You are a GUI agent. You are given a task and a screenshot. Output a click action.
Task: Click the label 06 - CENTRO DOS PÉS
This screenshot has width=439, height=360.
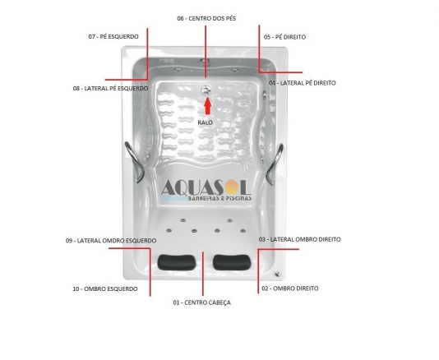(206, 18)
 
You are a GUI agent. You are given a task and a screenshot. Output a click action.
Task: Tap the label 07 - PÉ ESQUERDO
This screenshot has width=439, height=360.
(113, 37)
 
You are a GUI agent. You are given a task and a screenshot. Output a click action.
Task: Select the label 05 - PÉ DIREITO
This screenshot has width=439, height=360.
(284, 37)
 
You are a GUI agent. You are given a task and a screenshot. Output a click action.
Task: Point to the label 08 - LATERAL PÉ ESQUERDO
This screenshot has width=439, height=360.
(111, 89)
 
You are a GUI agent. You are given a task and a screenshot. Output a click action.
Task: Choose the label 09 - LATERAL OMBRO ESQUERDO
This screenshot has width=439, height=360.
(111, 241)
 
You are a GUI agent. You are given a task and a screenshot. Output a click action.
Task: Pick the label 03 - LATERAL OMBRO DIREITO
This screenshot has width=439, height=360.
(299, 239)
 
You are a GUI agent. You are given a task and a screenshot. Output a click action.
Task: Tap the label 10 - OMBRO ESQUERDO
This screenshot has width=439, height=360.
(105, 288)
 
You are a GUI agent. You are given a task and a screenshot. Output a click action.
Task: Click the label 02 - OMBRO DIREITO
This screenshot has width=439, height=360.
(290, 288)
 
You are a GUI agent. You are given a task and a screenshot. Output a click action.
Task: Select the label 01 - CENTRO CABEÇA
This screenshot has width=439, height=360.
(202, 302)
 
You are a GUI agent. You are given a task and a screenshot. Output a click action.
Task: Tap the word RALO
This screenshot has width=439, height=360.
(205, 122)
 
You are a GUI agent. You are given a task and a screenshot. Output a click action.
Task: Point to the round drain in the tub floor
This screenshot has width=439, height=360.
(206, 90)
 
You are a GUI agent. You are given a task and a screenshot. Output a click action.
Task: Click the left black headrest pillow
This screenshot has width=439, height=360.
(176, 262)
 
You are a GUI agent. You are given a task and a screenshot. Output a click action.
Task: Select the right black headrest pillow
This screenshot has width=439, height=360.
(232, 262)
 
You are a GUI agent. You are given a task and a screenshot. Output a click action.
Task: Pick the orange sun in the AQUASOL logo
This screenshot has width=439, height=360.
(233, 187)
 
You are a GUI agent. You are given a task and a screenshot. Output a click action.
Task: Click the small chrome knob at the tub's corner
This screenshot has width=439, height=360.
(277, 274)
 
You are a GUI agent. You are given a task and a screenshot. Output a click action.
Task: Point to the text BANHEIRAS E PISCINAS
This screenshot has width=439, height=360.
(219, 198)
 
